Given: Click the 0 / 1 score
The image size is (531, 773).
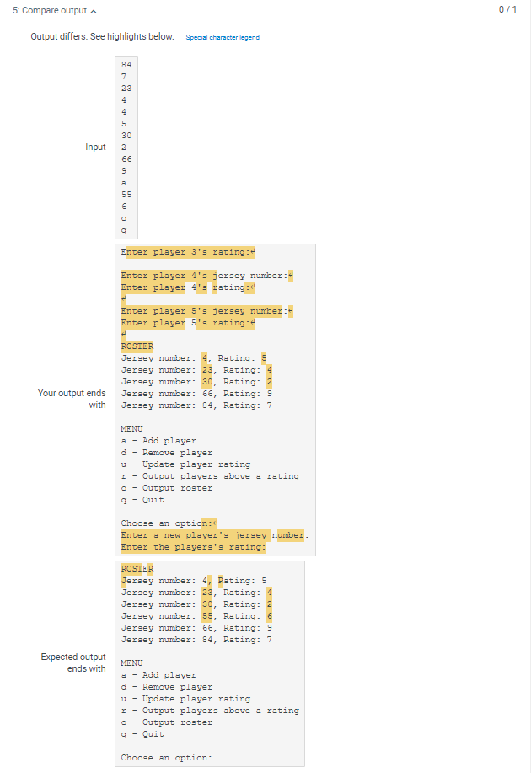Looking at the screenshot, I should click(507, 9).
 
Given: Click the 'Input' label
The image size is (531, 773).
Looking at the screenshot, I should click(95, 148).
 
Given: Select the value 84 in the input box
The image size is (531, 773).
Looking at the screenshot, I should click(126, 65).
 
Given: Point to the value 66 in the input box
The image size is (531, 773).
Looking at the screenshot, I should click(126, 158).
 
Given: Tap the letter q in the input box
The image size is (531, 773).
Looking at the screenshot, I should click(124, 230).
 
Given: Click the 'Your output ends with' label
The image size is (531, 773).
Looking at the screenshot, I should click(72, 400).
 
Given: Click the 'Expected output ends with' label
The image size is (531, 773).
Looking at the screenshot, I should click(74, 663).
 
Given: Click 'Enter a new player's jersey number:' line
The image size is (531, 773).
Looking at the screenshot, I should click(214, 535).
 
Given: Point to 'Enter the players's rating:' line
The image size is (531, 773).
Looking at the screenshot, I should click(193, 547).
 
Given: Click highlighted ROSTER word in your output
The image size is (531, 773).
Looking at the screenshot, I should click(137, 346).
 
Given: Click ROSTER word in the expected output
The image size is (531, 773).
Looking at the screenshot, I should click(137, 569).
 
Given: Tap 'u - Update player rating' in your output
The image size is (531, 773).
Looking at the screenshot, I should click(185, 464).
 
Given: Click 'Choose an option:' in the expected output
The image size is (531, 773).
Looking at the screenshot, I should click(166, 758).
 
